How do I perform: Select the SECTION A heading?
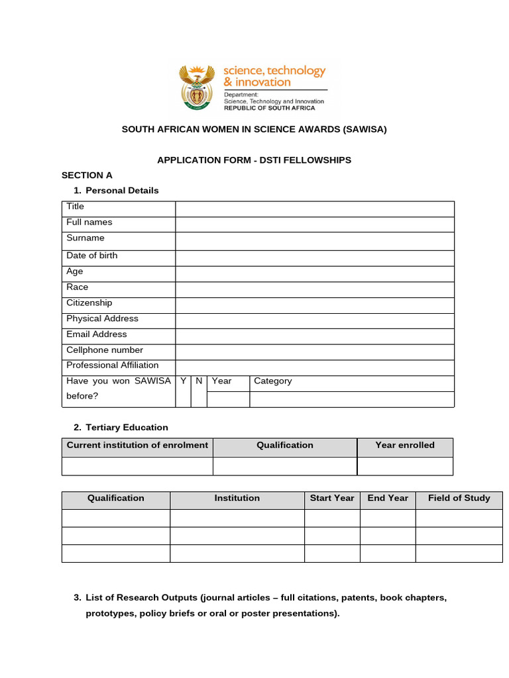pos(87,175)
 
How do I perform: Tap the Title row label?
pos(76,207)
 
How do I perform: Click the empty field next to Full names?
pos(315,224)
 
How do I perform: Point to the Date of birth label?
pos(92,256)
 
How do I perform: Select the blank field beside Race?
pos(315,289)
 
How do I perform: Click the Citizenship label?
pos(89,303)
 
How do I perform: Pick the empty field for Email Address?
pos(315,336)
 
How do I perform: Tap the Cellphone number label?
pos(105,350)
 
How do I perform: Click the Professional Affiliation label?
pos(113,365)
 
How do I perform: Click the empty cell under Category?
pos(351,399)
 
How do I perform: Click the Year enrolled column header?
pos(405,446)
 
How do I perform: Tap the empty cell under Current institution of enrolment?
pos(137,466)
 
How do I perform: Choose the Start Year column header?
pos(332,499)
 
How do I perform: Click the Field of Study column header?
pos(459,499)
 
